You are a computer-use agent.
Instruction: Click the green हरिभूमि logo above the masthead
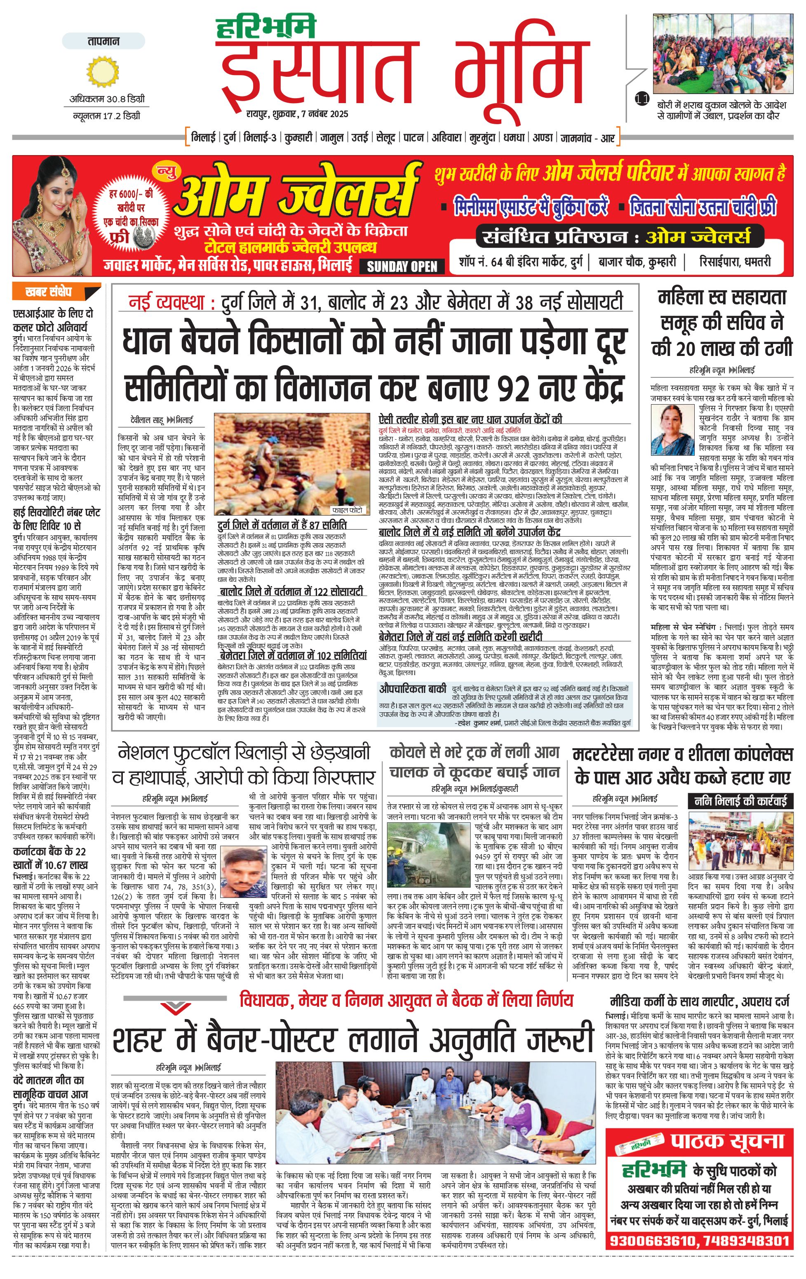pos(266,26)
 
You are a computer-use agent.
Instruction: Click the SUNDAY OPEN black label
pos(402,266)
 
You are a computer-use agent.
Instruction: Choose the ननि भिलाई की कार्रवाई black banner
pos(741,801)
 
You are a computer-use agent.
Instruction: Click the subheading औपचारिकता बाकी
pos(413,688)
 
